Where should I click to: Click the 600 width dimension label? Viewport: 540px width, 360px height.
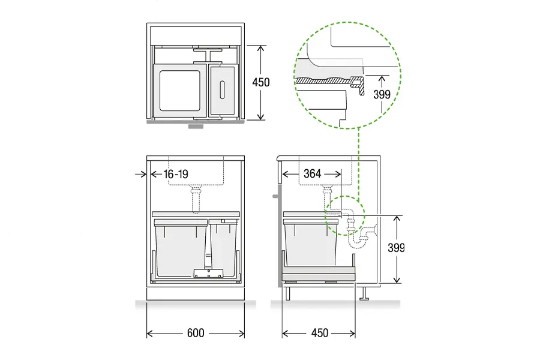196,333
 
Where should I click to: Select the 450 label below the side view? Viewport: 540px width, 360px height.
320,333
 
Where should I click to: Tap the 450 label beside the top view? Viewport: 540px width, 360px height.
261,82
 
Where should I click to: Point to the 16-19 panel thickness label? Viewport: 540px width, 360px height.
176,175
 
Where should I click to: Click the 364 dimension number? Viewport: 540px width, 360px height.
313,173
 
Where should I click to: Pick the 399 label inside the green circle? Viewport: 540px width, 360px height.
382,94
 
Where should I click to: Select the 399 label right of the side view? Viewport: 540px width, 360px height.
396,248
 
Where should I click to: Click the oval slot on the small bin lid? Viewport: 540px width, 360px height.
222,90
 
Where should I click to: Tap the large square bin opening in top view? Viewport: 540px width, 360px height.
179,91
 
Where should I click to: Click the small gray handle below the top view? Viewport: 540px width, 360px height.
196,127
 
